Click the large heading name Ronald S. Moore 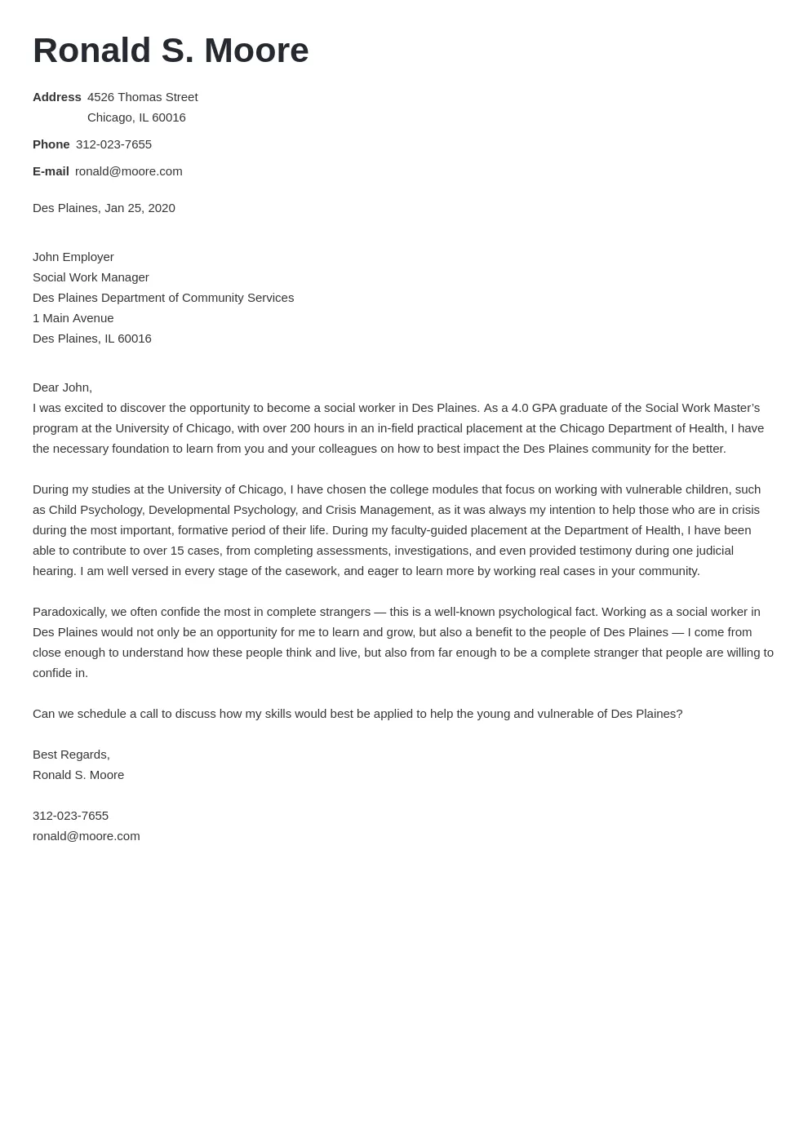coord(171,51)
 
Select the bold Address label coord(56,97)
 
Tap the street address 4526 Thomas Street coord(142,97)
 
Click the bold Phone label coord(51,144)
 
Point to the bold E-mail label coord(51,171)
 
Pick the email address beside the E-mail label coord(128,171)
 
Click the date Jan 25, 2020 coord(140,208)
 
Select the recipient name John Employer coord(73,257)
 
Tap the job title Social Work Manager coord(91,277)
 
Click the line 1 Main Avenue coord(73,318)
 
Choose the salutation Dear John coord(62,387)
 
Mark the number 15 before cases coord(177,551)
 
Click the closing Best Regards coord(71,755)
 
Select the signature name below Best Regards coord(78,775)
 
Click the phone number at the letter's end coord(70,816)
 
